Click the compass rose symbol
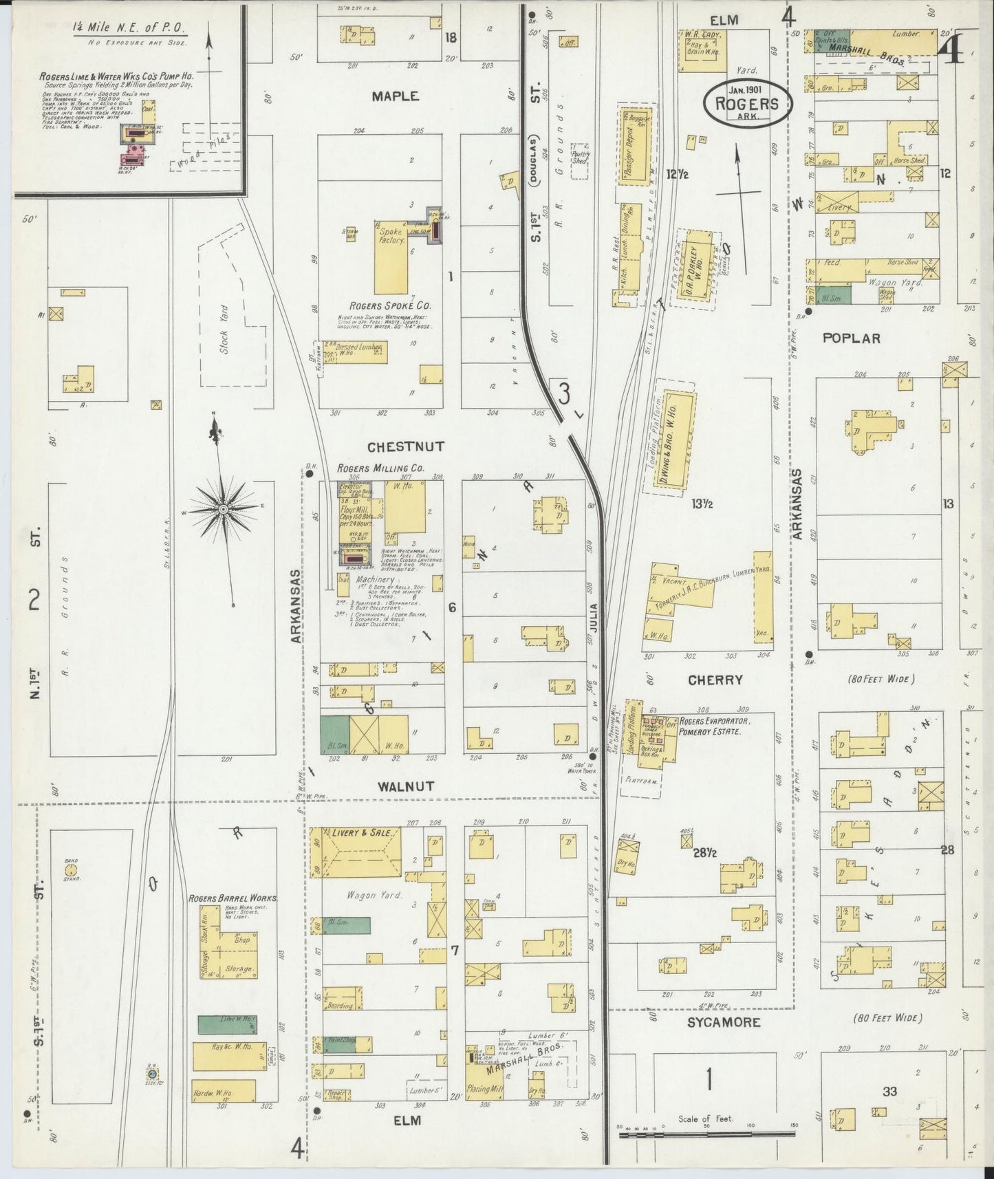pyautogui.click(x=224, y=509)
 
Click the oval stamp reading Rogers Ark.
pyautogui.click(x=747, y=104)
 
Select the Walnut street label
pyautogui.click(x=405, y=786)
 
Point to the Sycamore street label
pyautogui.click(x=724, y=1022)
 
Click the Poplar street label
pyautogui.click(x=852, y=338)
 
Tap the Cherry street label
pyautogui.click(x=715, y=680)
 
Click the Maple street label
pyautogui.click(x=395, y=96)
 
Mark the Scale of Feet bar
pyautogui.click(x=706, y=1132)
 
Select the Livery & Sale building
pyautogui.click(x=356, y=852)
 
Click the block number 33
pyautogui.click(x=889, y=1091)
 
